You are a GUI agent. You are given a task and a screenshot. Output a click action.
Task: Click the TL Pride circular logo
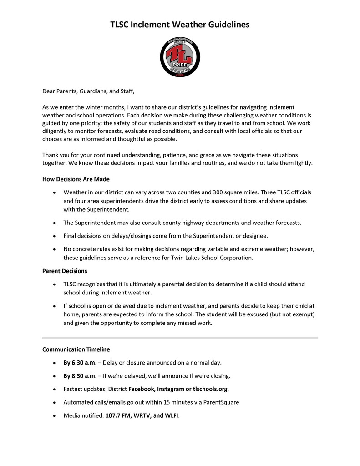pos(180,57)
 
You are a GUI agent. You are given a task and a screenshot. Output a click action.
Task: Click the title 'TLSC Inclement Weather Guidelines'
pos(180,25)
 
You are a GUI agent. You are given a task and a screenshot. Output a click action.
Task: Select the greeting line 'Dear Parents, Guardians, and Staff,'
pos(88,91)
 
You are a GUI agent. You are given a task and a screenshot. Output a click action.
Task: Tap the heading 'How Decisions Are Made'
pos(76,179)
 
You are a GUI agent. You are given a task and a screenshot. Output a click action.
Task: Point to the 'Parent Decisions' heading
pos(65,271)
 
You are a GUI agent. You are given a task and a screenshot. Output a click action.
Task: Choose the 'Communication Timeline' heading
pos(76,349)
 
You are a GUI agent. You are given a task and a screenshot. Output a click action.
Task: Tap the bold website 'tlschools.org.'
pos(211,389)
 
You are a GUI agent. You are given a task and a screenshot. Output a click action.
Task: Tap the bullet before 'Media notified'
pos(55,416)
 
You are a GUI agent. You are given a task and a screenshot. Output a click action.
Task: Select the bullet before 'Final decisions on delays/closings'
pos(55,236)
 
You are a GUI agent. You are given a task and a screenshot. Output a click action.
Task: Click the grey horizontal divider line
pos(180,338)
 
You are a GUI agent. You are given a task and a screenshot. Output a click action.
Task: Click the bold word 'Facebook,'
pos(142,389)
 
